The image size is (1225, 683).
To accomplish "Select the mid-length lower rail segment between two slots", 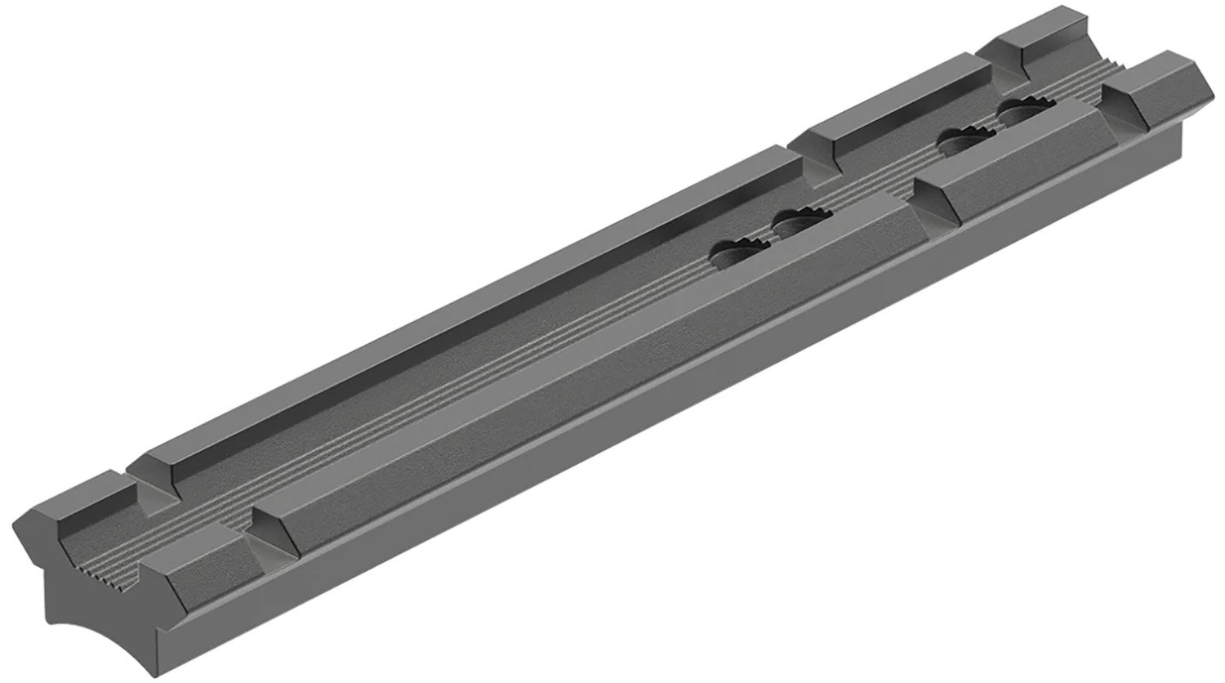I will coord(1004,163).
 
